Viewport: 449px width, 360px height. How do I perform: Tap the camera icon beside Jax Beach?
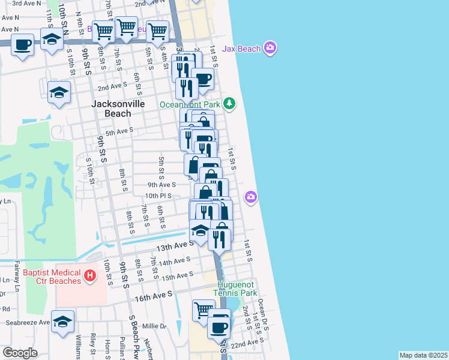click(x=270, y=48)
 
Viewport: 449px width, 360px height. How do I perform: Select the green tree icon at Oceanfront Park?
click(x=229, y=104)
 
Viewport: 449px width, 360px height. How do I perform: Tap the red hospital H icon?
click(x=89, y=277)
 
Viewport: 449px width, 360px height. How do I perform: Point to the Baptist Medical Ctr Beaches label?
click(x=52, y=277)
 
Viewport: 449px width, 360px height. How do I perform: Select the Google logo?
click(x=20, y=353)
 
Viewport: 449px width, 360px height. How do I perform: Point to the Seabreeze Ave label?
click(x=27, y=322)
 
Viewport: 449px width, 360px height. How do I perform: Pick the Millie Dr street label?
click(x=154, y=326)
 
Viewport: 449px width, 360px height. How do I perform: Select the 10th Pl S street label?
click(x=158, y=196)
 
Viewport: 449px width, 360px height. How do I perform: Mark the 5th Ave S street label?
click(x=119, y=131)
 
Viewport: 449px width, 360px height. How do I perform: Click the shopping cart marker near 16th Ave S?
click(x=203, y=310)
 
